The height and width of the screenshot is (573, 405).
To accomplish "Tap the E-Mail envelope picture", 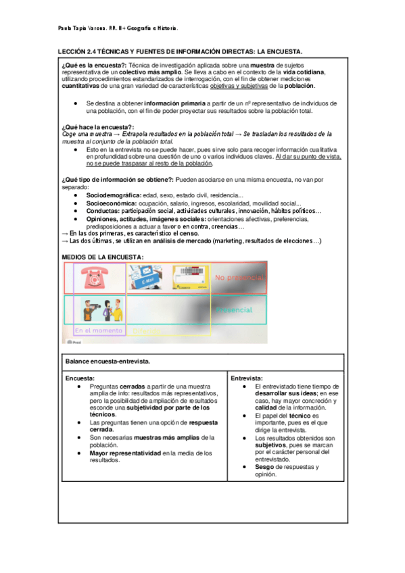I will (x=145, y=277).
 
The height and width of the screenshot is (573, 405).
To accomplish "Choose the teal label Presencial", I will (x=234, y=309).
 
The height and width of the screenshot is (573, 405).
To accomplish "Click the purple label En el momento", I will (x=99, y=330).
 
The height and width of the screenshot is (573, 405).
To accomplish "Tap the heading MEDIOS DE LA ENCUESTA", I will (x=102, y=257).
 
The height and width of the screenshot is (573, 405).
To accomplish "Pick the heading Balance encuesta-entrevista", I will (x=108, y=362).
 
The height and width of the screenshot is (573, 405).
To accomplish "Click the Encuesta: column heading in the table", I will (x=80, y=378).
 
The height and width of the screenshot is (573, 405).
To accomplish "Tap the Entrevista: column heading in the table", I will (x=247, y=378).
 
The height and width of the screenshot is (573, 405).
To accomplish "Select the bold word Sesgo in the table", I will (x=266, y=467).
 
